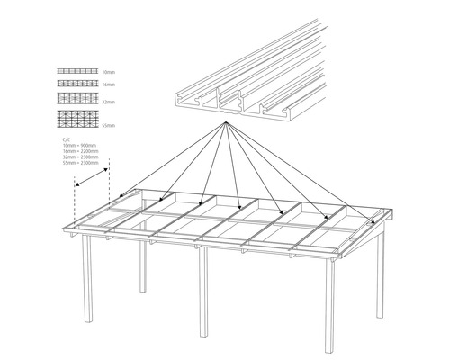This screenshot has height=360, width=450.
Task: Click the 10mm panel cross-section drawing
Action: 76,70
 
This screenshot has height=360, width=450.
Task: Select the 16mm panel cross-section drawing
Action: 76,82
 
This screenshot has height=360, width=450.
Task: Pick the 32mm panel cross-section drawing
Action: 76,97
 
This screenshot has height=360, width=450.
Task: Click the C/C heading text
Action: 66,140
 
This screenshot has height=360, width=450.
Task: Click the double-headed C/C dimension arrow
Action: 92,175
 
